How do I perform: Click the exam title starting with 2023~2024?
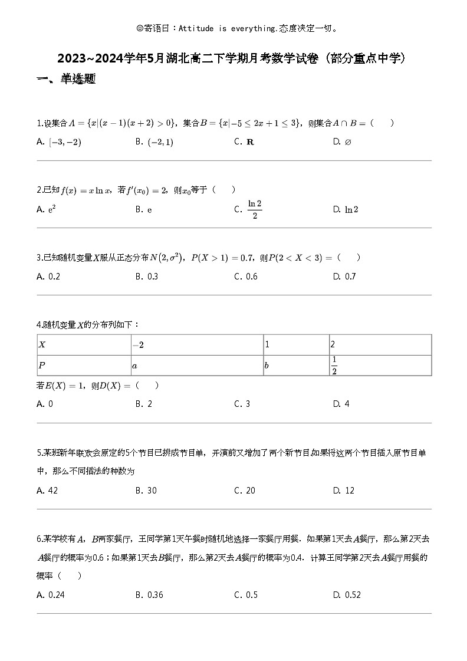(231, 58)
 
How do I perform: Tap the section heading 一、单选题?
(66, 79)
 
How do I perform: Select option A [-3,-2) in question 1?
(60, 142)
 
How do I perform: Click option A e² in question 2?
(47, 209)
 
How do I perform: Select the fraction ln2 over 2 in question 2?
(254, 209)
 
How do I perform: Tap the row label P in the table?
(42, 366)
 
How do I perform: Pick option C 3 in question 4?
(242, 404)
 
